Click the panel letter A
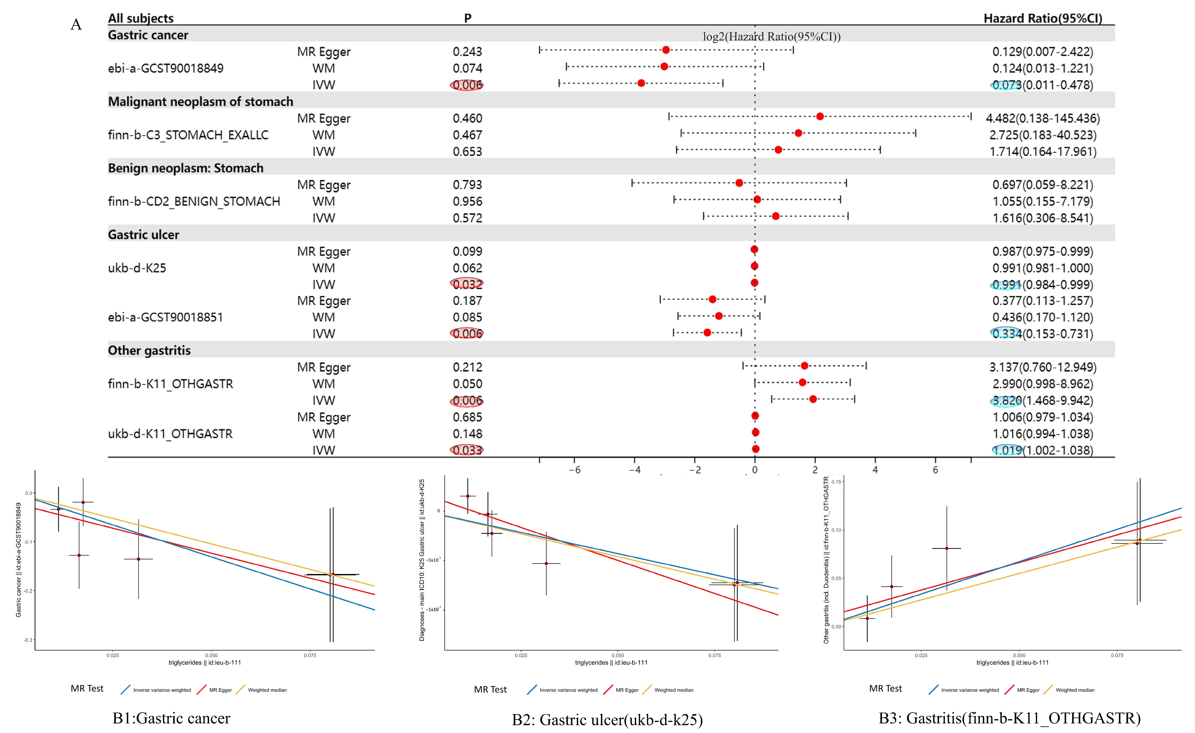click(76, 25)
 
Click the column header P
click(467, 18)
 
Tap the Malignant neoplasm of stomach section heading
click(200, 101)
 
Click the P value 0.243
click(467, 52)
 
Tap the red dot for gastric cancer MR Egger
click(666, 50)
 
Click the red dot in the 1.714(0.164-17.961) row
click(778, 150)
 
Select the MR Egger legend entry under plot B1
click(220, 690)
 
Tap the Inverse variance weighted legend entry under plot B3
click(969, 690)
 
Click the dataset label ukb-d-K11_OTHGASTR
click(170, 433)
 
